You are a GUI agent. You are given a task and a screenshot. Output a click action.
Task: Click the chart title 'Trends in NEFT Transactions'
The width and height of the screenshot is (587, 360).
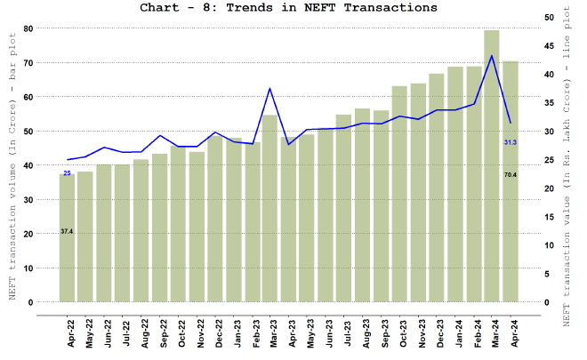(x=288, y=8)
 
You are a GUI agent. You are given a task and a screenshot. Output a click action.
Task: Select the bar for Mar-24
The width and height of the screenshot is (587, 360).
(x=491, y=169)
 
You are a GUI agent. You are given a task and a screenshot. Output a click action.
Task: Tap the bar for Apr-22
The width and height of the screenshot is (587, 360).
(x=67, y=240)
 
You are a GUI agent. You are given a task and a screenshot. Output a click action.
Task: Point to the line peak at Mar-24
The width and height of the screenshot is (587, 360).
(x=491, y=56)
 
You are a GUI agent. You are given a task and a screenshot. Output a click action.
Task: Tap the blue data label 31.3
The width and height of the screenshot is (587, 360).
(x=510, y=142)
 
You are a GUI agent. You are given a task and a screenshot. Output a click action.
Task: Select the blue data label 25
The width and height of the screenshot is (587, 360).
(x=67, y=172)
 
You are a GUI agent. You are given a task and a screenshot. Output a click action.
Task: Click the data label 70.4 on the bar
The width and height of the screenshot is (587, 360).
(x=510, y=175)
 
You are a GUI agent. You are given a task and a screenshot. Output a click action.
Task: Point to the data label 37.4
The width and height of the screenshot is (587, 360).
(x=67, y=231)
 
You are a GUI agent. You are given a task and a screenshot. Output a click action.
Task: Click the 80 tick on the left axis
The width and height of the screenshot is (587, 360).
(x=28, y=28)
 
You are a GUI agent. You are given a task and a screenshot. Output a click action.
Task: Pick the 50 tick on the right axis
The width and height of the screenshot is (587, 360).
(x=548, y=17)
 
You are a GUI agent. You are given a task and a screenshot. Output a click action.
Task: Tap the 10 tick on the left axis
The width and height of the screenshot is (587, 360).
(x=28, y=268)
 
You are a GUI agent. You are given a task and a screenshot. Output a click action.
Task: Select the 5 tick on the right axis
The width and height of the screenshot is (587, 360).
(x=545, y=274)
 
